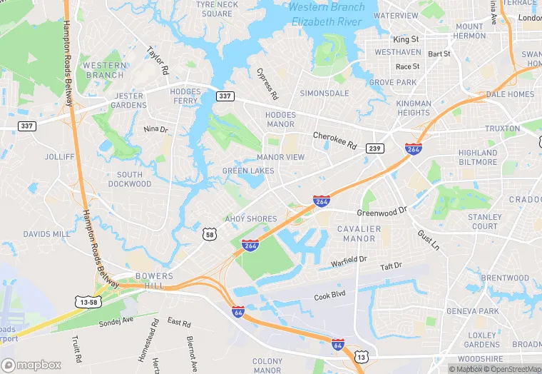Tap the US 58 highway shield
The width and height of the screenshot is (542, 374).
click(x=209, y=233)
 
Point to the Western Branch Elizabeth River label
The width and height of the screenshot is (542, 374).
click(x=327, y=14)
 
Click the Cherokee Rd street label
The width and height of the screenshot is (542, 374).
click(x=334, y=139)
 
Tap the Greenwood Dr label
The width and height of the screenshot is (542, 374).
click(x=382, y=211)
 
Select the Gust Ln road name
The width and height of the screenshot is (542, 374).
click(x=429, y=239)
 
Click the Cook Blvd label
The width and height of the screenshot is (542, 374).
click(x=329, y=295)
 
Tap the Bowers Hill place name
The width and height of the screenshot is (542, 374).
click(x=154, y=280)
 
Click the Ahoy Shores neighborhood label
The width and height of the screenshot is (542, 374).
click(x=251, y=218)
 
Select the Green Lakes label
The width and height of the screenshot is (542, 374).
click(x=248, y=171)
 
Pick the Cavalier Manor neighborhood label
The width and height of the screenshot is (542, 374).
click(x=359, y=233)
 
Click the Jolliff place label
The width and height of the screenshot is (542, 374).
click(x=59, y=156)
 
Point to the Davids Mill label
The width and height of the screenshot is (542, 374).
click(x=47, y=233)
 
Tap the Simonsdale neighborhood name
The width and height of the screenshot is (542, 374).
click(x=324, y=93)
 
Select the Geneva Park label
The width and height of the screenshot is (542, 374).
click(x=473, y=311)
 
